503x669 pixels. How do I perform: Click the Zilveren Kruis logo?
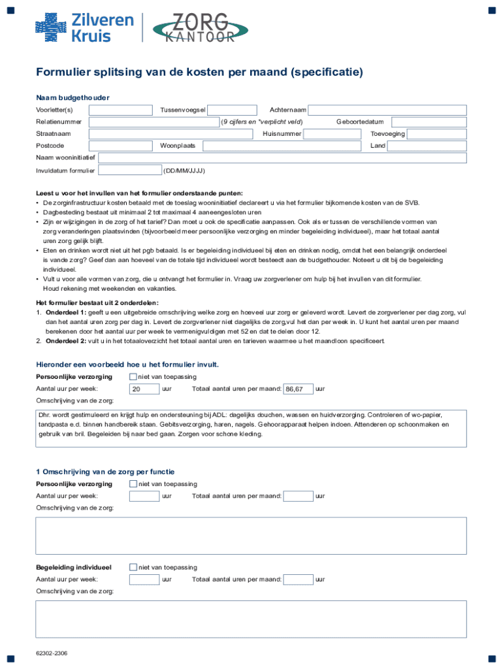pos(84,27)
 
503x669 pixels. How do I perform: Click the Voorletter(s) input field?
pos(120,110)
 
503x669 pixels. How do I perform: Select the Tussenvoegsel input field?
pos(232,110)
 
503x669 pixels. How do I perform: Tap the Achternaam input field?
pos(387,110)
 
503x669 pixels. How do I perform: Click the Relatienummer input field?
pos(154,122)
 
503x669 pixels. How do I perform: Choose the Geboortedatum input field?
pos(427,122)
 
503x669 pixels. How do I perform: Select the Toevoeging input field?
pos(436,134)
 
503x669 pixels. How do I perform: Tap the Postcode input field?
pos(120,146)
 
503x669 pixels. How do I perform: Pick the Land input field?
pos(427,146)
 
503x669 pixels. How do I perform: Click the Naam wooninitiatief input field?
pos(282,158)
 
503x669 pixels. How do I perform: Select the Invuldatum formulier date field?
pos(129,171)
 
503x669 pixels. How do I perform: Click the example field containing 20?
pos(144,389)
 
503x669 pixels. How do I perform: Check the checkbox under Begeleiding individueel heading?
pos(133,567)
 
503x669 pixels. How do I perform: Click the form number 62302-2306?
pos(52,653)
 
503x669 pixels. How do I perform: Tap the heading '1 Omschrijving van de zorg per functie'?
pos(105,472)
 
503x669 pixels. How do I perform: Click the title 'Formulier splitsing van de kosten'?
pos(199,72)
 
